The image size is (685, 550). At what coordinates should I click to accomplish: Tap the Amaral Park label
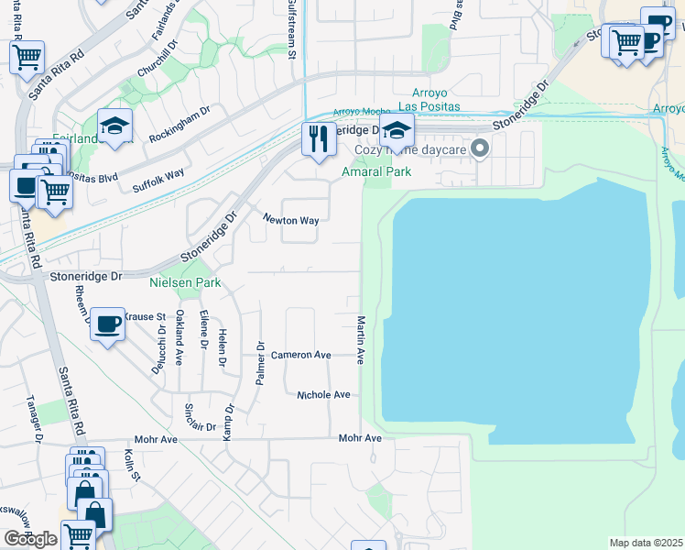coord(375,171)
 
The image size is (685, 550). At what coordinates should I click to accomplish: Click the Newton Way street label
coord(291,220)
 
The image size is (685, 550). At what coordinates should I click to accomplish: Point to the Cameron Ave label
coord(300,354)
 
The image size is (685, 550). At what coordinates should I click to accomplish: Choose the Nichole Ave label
coord(323,394)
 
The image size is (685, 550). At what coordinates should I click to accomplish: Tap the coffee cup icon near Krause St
coord(108,324)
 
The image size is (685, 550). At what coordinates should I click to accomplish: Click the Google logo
coord(29,539)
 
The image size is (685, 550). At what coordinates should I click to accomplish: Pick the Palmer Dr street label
coord(261,365)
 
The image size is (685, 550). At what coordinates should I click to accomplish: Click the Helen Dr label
coord(222,349)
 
